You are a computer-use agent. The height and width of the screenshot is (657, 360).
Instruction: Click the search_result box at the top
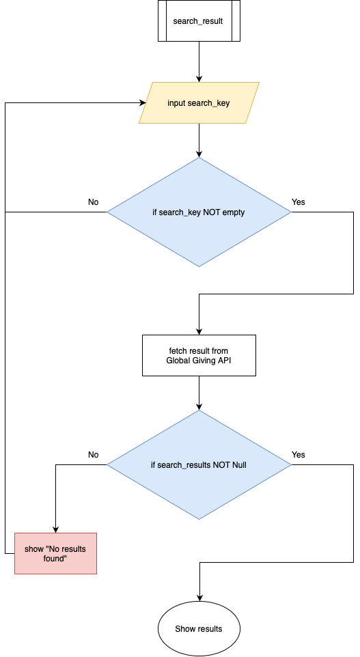(x=199, y=21)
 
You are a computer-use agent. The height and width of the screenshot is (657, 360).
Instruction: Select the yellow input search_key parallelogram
(x=199, y=103)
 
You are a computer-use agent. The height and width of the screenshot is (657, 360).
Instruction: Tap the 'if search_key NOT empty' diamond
(x=199, y=212)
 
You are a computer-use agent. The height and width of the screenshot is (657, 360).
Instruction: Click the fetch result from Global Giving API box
(x=199, y=355)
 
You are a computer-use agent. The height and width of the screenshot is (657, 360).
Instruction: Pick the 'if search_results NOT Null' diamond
(x=199, y=465)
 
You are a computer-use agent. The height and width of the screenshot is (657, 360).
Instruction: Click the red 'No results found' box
(x=55, y=553)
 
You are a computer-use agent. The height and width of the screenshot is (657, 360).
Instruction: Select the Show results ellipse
(x=199, y=628)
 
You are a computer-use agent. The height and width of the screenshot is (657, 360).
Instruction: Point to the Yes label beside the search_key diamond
(x=299, y=202)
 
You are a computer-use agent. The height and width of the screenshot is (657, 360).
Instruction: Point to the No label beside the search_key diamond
(x=94, y=202)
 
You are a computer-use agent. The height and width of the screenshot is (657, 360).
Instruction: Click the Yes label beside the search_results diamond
(x=299, y=455)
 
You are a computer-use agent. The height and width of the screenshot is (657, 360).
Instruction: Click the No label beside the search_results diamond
(x=94, y=455)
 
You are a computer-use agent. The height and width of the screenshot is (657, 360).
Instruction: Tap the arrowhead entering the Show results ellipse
(x=199, y=597)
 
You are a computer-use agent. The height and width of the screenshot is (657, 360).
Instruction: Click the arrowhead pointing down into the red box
(x=55, y=529)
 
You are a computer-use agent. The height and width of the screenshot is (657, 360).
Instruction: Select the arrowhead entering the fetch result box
(x=199, y=331)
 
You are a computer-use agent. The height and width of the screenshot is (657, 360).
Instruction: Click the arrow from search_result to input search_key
(x=199, y=61)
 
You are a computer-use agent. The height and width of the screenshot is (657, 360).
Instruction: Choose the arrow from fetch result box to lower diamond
(x=199, y=393)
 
